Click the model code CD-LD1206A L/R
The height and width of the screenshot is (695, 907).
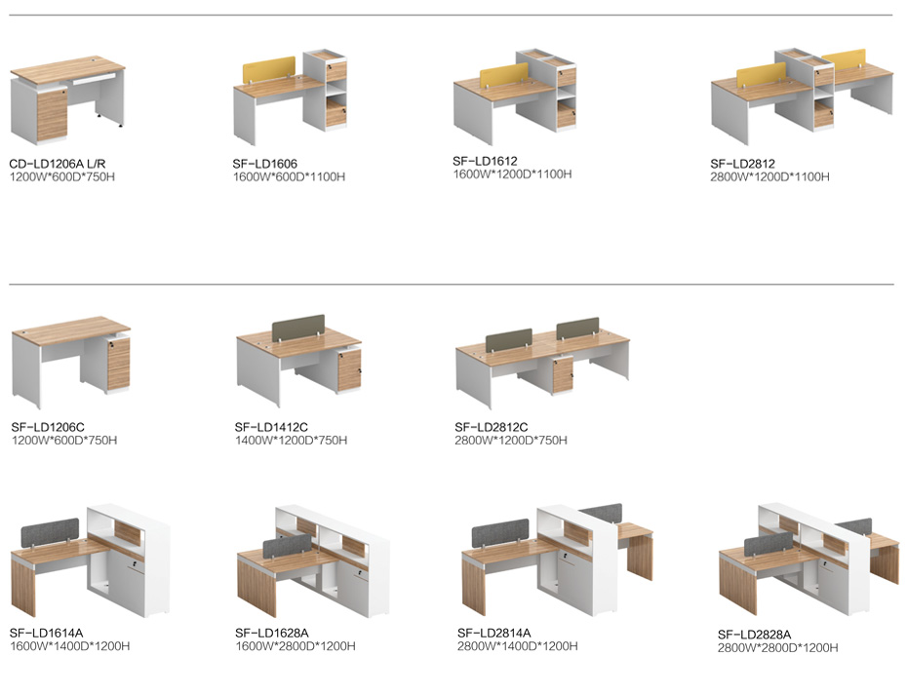[58, 164]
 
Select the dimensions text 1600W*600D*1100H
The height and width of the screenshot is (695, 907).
[289, 177]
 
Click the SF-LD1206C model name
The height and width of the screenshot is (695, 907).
[48, 427]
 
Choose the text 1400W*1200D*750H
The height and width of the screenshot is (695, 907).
[291, 441]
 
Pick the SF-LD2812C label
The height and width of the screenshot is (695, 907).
[492, 427]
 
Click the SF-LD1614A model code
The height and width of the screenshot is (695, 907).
[46, 634]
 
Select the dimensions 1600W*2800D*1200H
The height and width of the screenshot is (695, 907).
[295, 646]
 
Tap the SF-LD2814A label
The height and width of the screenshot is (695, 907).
[493, 634]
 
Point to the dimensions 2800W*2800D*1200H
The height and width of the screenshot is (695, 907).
[777, 648]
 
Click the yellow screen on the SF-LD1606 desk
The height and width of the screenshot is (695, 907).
[269, 68]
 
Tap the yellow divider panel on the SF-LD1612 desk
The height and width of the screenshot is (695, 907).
[504, 75]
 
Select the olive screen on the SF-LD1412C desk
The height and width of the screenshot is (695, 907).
[297, 327]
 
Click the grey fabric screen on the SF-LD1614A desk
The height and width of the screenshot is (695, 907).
[50, 532]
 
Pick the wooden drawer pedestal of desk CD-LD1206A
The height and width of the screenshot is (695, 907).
[52, 115]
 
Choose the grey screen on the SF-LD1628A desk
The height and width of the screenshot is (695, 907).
[288, 547]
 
